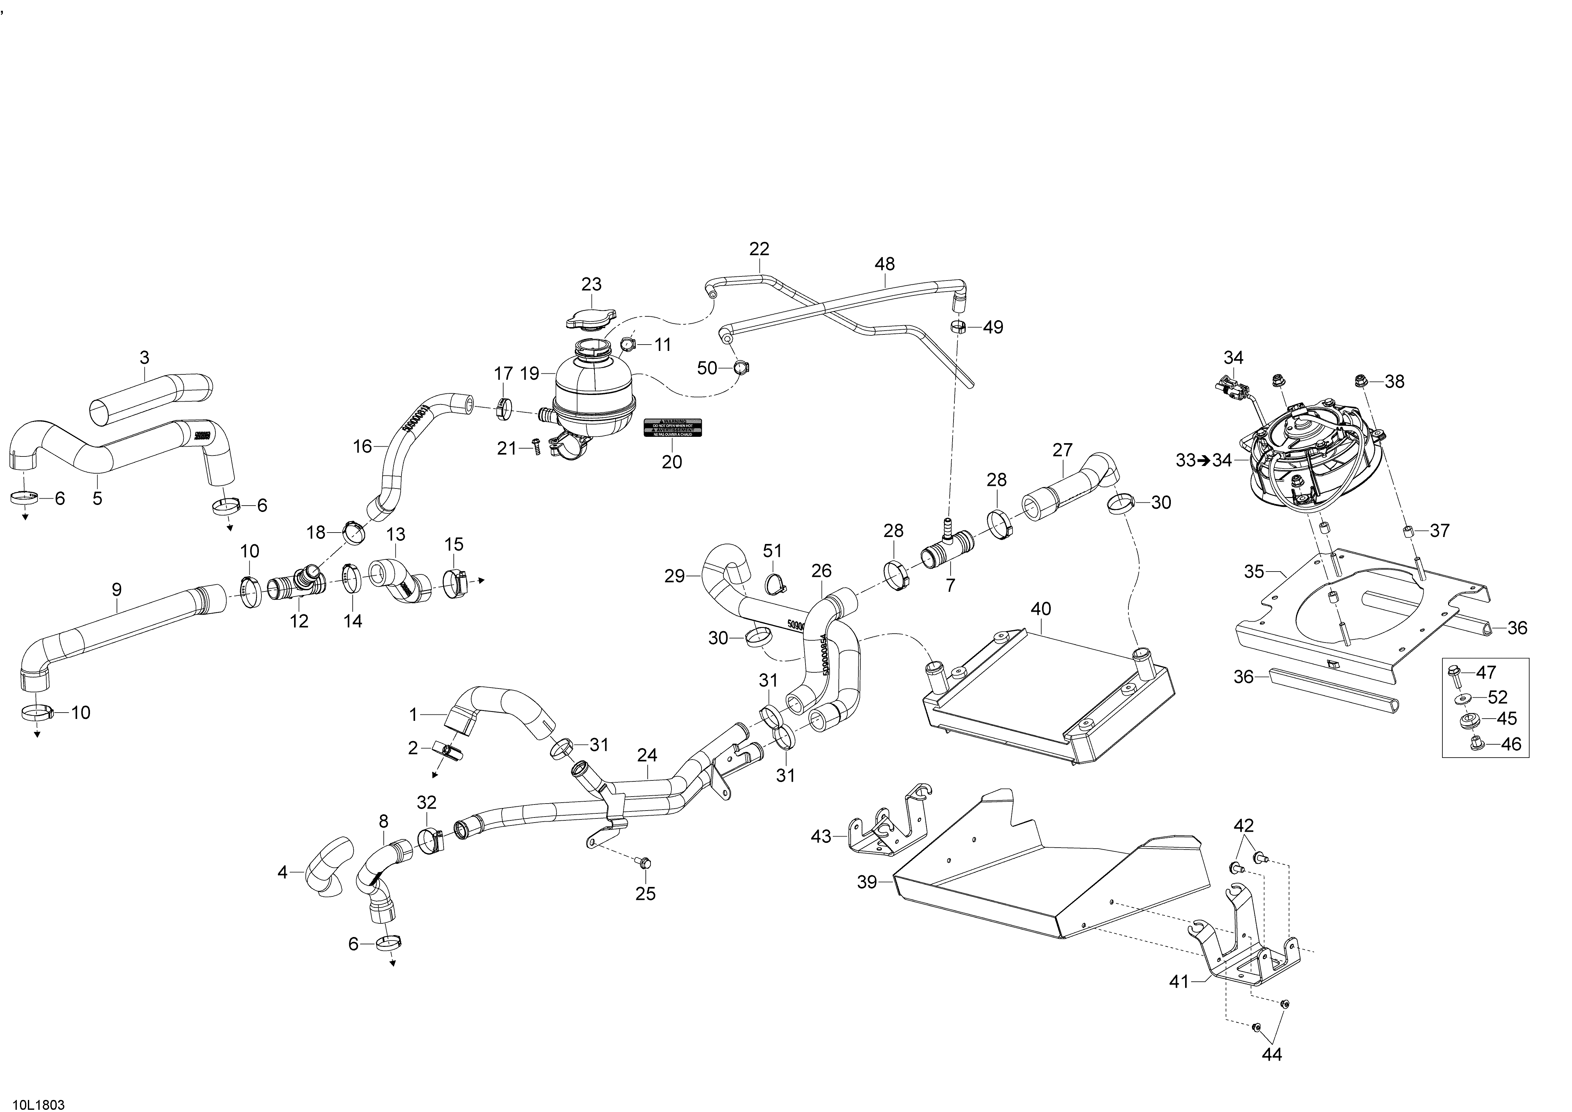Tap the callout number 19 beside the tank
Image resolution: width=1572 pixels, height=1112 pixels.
[x=530, y=374]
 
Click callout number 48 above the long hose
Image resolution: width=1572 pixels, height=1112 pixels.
[x=885, y=264]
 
